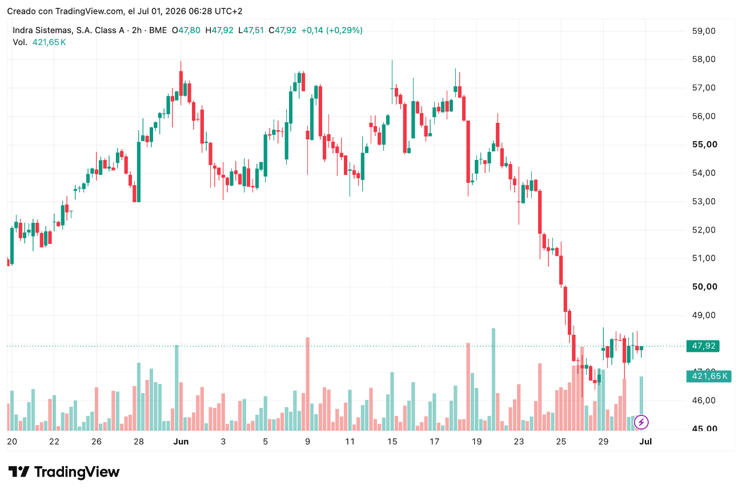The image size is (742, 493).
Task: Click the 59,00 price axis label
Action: tap(704, 31)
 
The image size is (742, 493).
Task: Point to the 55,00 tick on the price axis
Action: tap(704, 145)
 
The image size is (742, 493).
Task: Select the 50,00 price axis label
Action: tap(704, 287)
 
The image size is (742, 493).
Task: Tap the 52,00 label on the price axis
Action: tap(704, 230)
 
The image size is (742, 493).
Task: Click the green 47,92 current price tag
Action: tap(703, 346)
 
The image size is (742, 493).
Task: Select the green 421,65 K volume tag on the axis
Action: tap(708, 376)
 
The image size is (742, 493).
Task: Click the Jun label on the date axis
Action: tap(181, 442)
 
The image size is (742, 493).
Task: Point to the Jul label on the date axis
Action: tap(645, 442)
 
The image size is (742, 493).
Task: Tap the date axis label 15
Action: tap(392, 442)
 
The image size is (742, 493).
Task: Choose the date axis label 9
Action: tap(308, 442)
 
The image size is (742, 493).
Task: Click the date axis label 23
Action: tap(519, 442)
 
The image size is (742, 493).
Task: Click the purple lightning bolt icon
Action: tap(641, 422)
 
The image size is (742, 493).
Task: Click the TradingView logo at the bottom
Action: tap(63, 472)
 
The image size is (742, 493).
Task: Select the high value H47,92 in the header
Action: tap(219, 30)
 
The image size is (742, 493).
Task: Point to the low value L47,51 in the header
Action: tap(251, 30)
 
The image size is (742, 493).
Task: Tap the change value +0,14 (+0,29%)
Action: tap(331, 30)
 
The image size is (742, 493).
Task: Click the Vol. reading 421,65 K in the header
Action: tap(49, 42)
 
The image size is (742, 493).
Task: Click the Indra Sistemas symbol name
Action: tap(69, 30)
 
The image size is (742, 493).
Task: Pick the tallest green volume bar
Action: tap(494, 379)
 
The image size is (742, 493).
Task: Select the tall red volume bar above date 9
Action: tap(308, 384)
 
